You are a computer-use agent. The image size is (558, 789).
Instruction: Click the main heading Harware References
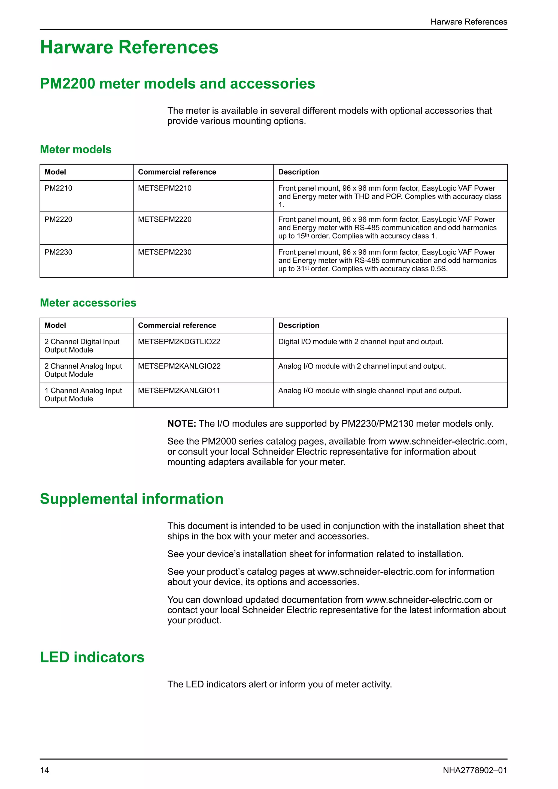(129, 47)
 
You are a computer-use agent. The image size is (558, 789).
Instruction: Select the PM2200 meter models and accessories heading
(177, 84)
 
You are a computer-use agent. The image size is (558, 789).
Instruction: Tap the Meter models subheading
(75, 150)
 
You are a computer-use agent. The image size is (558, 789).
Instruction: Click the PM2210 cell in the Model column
(58, 188)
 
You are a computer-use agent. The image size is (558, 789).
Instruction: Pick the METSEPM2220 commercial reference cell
(165, 219)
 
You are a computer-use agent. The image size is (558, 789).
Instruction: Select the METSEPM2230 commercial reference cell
(165, 252)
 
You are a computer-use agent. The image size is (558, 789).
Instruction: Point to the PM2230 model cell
(58, 252)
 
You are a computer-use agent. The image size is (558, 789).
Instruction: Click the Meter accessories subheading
(88, 303)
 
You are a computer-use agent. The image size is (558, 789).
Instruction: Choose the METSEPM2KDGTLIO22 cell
(179, 342)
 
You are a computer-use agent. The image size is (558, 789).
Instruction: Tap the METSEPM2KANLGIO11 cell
(179, 391)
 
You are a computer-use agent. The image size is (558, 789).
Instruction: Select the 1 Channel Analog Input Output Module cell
(83, 394)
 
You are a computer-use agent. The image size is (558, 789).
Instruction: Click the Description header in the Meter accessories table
(299, 325)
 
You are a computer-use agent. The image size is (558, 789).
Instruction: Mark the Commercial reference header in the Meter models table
(177, 172)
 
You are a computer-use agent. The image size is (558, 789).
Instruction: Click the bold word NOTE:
(181, 424)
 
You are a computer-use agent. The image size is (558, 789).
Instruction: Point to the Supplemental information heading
(132, 499)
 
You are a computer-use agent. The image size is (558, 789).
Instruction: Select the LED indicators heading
(92, 657)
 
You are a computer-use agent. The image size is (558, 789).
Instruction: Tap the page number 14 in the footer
(45, 770)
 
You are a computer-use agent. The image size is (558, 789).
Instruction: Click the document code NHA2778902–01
(475, 770)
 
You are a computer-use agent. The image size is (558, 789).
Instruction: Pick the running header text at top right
(469, 22)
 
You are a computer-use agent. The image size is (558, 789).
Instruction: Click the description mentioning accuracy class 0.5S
(387, 260)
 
